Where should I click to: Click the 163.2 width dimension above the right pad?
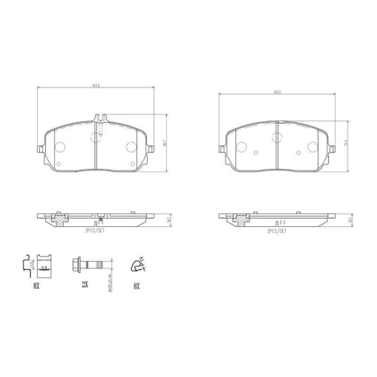coord(277,92)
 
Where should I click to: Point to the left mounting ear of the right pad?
coord(225,142)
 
